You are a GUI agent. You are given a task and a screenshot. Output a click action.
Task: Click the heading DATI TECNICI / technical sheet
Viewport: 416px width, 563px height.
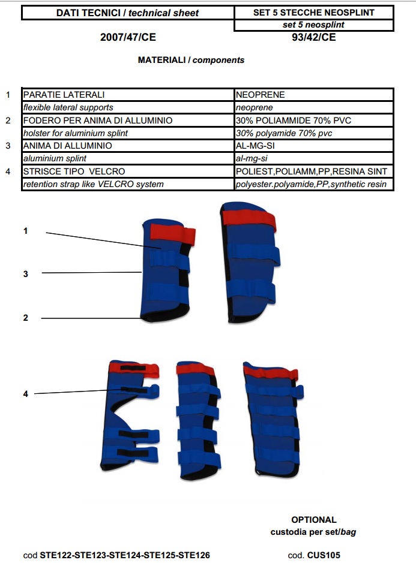pyautogui.click(x=127, y=13)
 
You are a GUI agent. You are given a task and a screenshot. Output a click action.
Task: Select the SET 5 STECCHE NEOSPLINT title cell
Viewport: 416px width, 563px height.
pyautogui.click(x=314, y=13)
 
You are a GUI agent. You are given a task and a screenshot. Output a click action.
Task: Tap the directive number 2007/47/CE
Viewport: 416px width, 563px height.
pyautogui.click(x=127, y=37)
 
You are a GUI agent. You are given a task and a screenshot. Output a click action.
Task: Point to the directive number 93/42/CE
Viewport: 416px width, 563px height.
pyautogui.click(x=313, y=37)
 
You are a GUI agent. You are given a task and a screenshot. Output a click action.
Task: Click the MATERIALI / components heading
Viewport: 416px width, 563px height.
pyautogui.click(x=191, y=60)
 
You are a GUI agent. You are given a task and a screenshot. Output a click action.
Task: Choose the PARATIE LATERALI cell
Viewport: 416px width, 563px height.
pyautogui.click(x=64, y=95)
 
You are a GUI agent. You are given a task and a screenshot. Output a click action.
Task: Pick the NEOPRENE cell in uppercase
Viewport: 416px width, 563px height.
pyautogui.click(x=261, y=95)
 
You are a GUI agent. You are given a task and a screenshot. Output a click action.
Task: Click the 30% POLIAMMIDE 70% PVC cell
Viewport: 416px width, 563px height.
pyautogui.click(x=294, y=121)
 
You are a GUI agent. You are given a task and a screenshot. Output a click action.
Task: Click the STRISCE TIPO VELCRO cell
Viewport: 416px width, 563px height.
pyautogui.click(x=74, y=171)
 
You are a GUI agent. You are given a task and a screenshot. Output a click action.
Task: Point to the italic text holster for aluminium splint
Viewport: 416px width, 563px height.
pyautogui.click(x=76, y=133)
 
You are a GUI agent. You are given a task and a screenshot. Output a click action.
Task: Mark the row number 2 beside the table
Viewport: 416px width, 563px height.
pyautogui.click(x=8, y=121)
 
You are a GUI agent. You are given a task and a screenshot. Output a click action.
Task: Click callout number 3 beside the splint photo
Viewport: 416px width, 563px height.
pyautogui.click(x=25, y=273)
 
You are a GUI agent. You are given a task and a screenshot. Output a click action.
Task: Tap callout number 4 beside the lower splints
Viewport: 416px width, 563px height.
pyautogui.click(x=25, y=394)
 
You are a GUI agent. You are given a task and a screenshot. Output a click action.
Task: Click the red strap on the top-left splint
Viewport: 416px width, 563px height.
pyautogui.click(x=172, y=232)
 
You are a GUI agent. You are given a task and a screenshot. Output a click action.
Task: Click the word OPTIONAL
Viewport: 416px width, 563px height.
pyautogui.click(x=314, y=520)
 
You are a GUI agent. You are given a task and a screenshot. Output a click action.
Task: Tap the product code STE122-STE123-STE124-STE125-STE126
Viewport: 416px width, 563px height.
pyautogui.click(x=125, y=555)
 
